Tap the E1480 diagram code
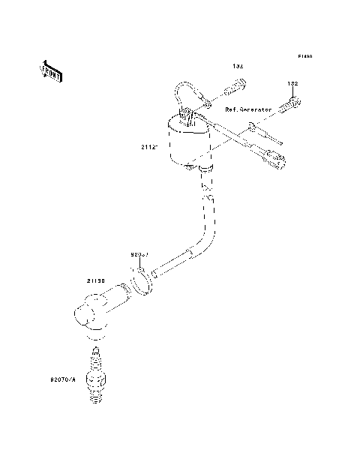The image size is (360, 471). click(304, 56)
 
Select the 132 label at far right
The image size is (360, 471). click(292, 83)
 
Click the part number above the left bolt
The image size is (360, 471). click(238, 67)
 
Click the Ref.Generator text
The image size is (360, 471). click(248, 109)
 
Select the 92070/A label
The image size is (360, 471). click(63, 381)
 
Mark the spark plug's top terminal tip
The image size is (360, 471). click(95, 350)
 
